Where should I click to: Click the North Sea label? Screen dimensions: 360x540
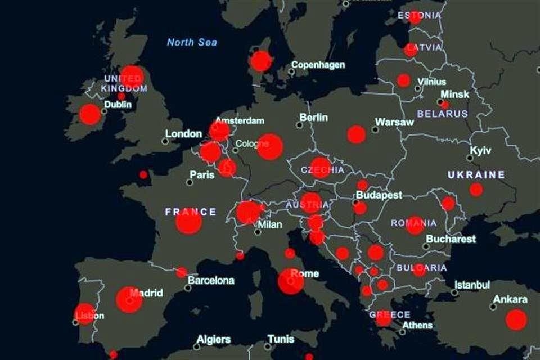tap(192, 42)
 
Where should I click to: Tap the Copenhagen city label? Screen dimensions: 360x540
tap(318, 65)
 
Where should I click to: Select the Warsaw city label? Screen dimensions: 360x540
tap(394, 121)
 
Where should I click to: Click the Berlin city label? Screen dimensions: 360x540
tap(313, 118)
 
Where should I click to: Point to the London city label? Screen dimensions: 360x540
tap(183, 134)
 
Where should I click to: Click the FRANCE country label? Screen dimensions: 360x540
tap(191, 211)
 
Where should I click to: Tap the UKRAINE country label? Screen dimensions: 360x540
tap(476, 174)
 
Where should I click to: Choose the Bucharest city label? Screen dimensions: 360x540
tap(451, 238)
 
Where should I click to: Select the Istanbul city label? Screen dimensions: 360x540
tap(472, 285)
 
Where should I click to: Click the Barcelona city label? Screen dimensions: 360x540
tap(211, 280)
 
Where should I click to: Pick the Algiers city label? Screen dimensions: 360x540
tap(213, 339)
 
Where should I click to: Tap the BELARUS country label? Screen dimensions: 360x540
tap(442, 114)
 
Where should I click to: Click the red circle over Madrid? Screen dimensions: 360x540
tap(129, 300)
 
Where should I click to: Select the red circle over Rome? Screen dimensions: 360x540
tap(291, 281)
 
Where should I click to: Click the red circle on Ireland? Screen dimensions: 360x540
tap(90, 114)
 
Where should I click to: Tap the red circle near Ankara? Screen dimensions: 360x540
tap(516, 319)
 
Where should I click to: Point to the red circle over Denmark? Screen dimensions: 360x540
tap(260, 61)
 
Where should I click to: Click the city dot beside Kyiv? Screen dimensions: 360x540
tap(470, 158)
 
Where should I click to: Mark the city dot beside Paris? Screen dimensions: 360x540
tap(190, 182)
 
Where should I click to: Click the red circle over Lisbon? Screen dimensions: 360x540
tap(84, 314)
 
